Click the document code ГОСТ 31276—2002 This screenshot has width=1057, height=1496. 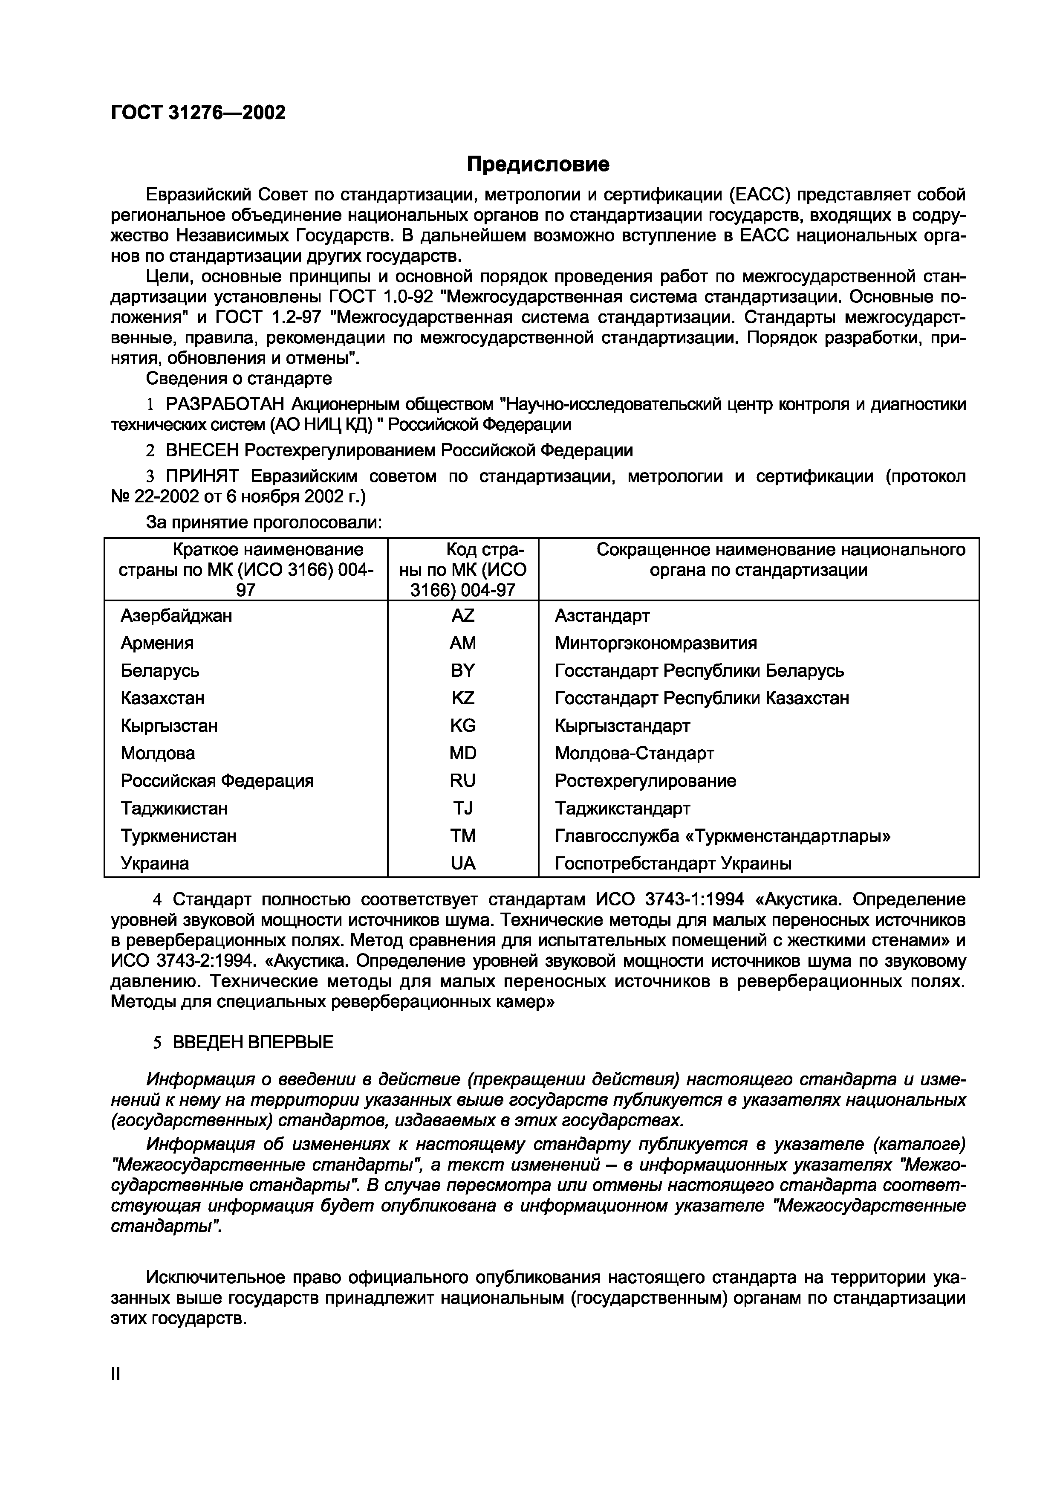pyautogui.click(x=198, y=113)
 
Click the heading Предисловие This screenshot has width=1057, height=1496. pyautogui.click(x=538, y=164)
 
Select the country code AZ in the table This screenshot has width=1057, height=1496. pyautogui.click(x=462, y=616)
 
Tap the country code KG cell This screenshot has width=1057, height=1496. pyautogui.click(x=462, y=726)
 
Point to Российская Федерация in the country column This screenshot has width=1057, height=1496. pyautogui.click(x=217, y=780)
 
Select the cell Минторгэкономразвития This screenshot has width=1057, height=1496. pyautogui.click(x=656, y=643)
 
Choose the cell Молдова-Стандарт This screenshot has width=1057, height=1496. pyautogui.click(x=634, y=753)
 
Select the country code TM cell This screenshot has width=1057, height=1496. pyautogui.click(x=462, y=836)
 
